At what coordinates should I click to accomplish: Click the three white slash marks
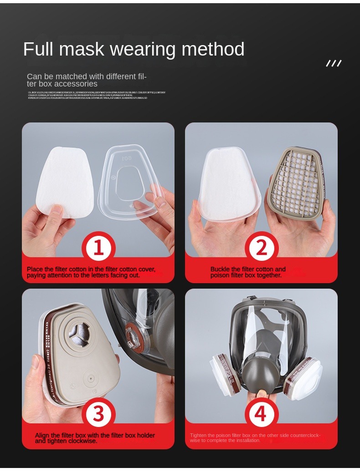tap(334, 63)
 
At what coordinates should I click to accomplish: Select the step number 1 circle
tap(98, 248)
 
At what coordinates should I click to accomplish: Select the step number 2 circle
tap(261, 248)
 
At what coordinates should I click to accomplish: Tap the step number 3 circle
tap(98, 414)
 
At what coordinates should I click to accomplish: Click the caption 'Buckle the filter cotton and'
tap(248, 269)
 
